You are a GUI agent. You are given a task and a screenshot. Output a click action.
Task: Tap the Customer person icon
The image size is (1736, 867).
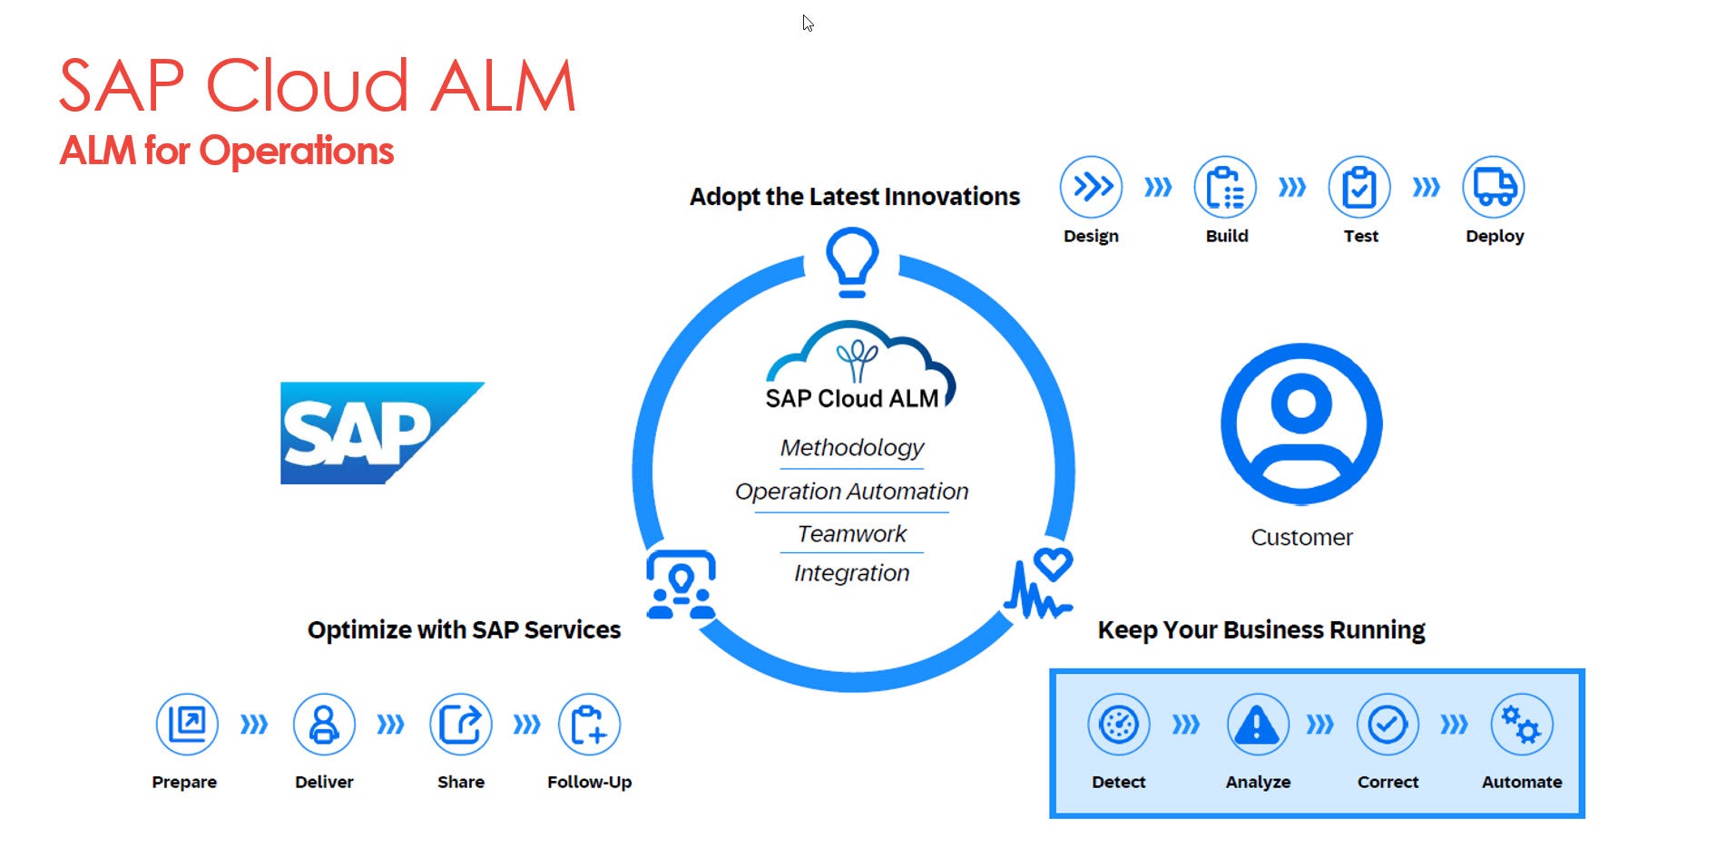coord(1301,424)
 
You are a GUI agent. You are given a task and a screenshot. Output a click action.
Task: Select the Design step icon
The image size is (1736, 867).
coord(1091,187)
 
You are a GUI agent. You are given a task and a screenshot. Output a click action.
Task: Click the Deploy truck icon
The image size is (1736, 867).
coord(1494,187)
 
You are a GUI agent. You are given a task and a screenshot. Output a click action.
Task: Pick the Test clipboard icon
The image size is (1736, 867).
coord(1359,187)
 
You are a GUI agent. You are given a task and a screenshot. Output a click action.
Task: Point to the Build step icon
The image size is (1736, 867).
coord(1225,187)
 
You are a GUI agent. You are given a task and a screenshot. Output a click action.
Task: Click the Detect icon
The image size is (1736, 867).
coord(1119,725)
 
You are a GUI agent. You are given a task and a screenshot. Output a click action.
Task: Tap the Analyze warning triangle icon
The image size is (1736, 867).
coord(1258,725)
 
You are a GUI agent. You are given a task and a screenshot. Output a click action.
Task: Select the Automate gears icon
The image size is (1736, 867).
coord(1522,725)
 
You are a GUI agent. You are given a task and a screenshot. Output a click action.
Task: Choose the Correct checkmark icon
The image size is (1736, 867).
coord(1388,725)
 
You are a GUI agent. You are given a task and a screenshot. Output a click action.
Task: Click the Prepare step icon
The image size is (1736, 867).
coord(187,725)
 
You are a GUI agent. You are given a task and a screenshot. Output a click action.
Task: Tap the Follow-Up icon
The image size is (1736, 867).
coord(590,725)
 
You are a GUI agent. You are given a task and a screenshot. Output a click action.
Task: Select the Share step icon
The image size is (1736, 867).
coord(461,725)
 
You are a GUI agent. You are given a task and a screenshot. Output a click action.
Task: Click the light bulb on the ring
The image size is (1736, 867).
coord(852,262)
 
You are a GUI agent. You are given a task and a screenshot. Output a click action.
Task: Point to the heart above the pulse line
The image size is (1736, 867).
coord(1054,564)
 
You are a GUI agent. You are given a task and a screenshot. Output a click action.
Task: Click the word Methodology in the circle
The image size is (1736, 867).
coord(852,447)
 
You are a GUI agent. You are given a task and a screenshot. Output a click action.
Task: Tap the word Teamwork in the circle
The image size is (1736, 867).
coord(852,533)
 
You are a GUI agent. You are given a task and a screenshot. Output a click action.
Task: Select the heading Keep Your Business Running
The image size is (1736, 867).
coord(1261,629)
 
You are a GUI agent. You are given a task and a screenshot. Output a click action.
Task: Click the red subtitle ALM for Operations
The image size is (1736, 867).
coord(227,151)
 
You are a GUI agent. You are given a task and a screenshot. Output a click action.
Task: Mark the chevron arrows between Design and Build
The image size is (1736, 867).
coord(1158,187)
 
